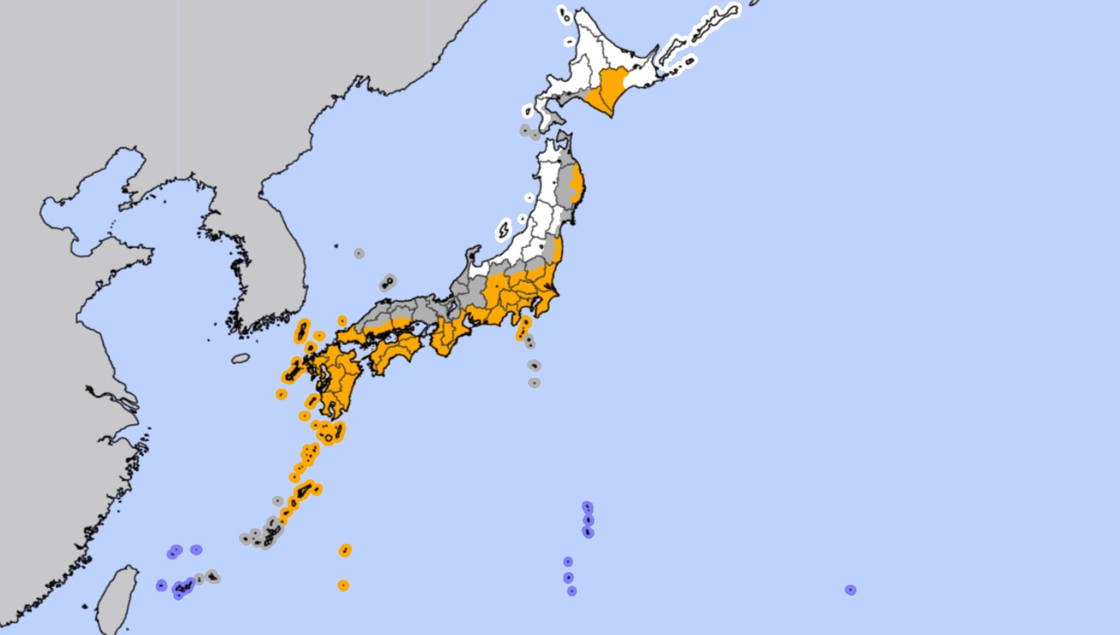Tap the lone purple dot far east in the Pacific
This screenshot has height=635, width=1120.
(x=850, y=590)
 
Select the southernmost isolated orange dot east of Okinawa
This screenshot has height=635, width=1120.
(x=343, y=586)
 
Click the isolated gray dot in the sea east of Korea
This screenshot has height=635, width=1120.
(x=359, y=253)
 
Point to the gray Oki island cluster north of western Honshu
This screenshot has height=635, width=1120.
(x=388, y=283)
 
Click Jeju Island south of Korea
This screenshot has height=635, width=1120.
(x=241, y=359)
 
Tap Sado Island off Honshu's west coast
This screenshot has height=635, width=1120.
(x=504, y=229)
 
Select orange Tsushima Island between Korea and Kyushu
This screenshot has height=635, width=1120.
(x=302, y=331)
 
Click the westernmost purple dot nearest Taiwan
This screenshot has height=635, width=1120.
(x=161, y=586)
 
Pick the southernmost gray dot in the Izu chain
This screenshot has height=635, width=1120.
(x=534, y=383)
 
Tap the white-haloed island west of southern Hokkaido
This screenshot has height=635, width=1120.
(x=528, y=111)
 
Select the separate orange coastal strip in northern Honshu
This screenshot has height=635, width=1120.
(x=576, y=180)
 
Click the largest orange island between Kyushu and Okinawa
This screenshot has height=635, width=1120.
(x=304, y=489)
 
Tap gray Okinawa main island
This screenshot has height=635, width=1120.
(x=270, y=532)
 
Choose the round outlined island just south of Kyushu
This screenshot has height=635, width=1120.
(x=329, y=437)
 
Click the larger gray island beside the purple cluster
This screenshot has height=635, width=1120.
(x=212, y=576)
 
